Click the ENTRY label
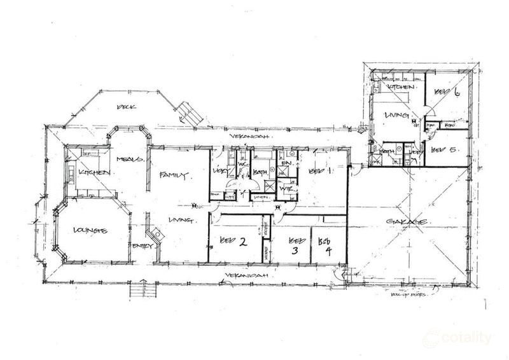click(141, 246)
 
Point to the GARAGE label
click(407, 222)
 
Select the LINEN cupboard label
click(260, 198)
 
